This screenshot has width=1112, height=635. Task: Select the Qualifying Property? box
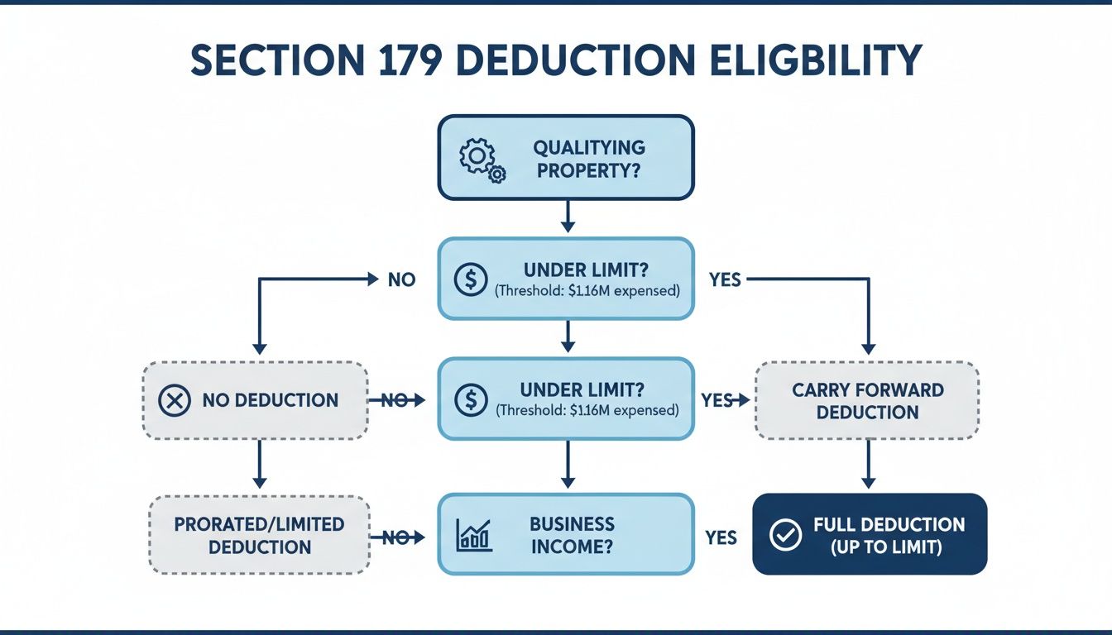(x=566, y=158)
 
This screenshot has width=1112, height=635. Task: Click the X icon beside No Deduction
(x=173, y=401)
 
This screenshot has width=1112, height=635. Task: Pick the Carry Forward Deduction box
(x=867, y=400)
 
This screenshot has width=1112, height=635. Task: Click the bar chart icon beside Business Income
(x=474, y=535)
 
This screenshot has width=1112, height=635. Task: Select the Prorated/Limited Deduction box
(x=258, y=535)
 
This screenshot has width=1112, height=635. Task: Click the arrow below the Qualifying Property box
(x=567, y=217)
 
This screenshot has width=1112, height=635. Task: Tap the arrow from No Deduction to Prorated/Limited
(x=259, y=464)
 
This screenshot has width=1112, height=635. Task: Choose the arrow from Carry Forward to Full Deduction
(x=868, y=464)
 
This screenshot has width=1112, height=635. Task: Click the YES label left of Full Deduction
(x=721, y=537)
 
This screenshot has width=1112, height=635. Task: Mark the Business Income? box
(x=566, y=535)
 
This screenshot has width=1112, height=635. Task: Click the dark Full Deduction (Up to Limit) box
(x=870, y=534)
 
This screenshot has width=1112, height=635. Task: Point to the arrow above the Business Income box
(x=567, y=464)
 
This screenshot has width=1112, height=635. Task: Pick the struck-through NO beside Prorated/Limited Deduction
(x=395, y=537)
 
